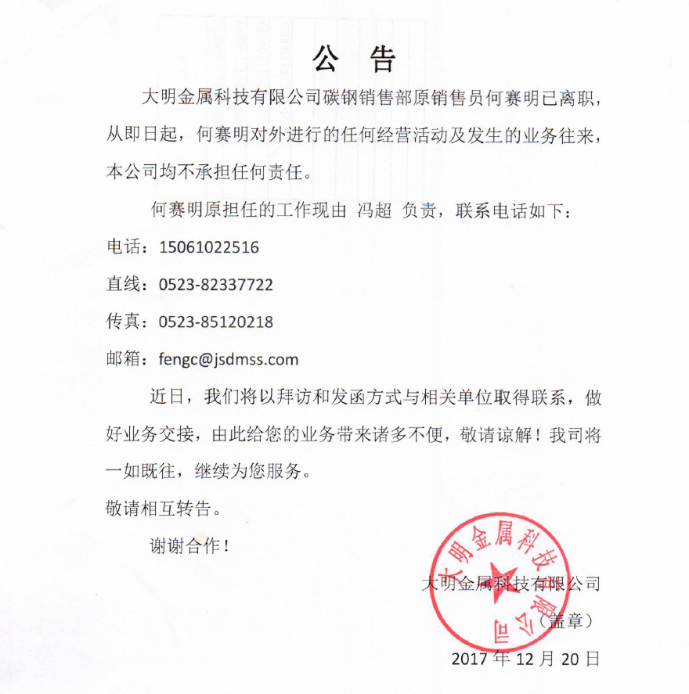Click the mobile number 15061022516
[x=209, y=248]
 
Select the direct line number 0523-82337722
[x=216, y=285]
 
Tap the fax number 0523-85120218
[x=216, y=322]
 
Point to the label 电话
[x=123, y=248]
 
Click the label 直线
[x=123, y=285]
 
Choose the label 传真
[x=123, y=322]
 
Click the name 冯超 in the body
[x=373, y=210]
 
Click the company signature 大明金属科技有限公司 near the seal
[x=510, y=584]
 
